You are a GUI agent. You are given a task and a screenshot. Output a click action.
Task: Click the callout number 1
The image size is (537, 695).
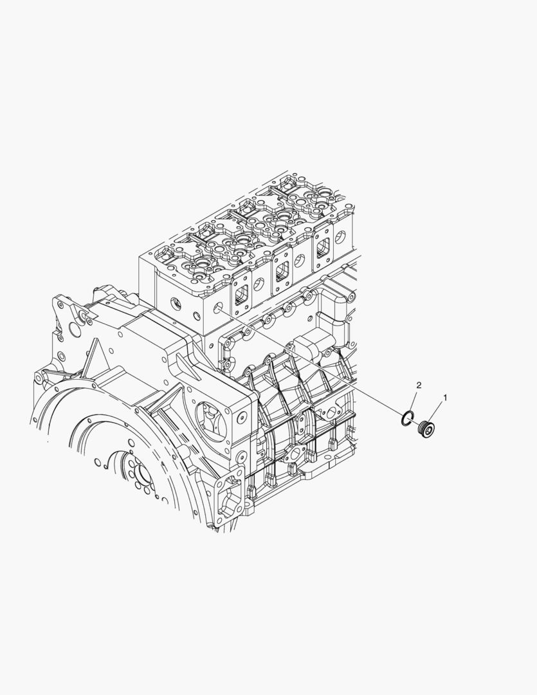click(445, 398)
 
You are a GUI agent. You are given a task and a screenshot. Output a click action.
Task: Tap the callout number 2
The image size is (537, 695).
click(418, 385)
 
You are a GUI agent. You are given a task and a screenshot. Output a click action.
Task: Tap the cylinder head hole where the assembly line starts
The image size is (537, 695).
click(217, 308)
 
